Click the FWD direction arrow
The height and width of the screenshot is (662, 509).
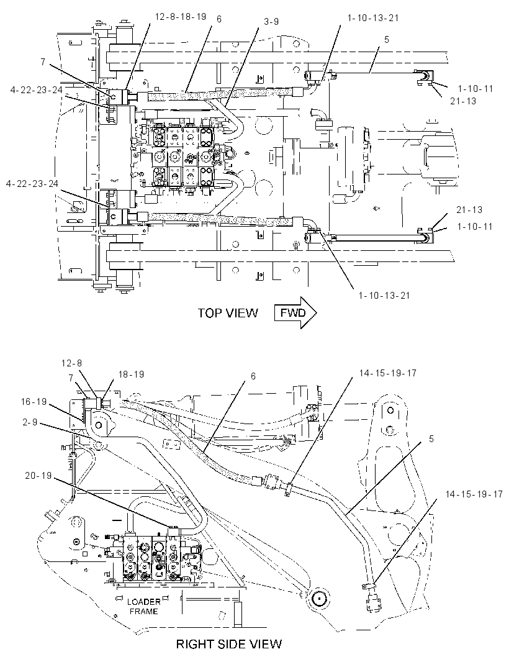click(x=295, y=313)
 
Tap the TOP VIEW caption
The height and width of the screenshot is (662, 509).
click(x=228, y=313)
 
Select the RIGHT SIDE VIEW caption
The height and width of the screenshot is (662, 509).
click(x=229, y=644)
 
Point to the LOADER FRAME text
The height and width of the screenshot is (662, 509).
click(x=143, y=606)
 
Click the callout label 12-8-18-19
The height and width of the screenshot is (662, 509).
click(x=181, y=17)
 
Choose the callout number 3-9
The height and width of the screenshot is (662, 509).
click(x=271, y=21)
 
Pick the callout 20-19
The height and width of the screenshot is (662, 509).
click(x=38, y=476)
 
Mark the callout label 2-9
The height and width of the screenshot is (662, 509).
click(x=30, y=422)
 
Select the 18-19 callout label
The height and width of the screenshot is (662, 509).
click(x=131, y=374)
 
